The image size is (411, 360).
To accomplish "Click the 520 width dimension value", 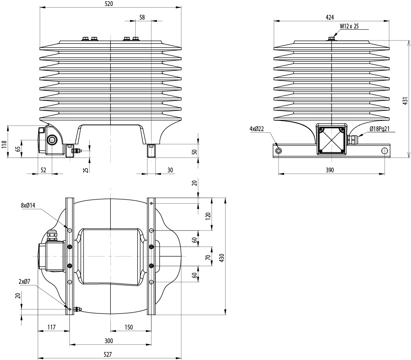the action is tap(111, 4).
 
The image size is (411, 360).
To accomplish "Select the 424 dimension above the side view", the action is tap(330, 17).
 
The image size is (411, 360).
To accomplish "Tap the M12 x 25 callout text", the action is tap(350, 26).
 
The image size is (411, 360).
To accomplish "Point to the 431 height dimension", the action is tap(405, 101).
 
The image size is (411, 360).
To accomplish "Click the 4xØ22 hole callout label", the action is tap(256, 129).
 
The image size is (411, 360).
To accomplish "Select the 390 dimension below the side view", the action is tap(330, 170).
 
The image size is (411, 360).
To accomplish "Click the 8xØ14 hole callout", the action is tap(28, 205).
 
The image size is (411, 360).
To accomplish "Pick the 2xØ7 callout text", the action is tap(24, 282).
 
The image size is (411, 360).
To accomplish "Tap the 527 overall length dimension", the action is tap(108, 354).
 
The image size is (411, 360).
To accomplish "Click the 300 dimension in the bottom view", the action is tap(109, 341).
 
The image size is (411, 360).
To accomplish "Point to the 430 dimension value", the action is tap(222, 258).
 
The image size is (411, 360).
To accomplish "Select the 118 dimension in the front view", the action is tap(4, 144).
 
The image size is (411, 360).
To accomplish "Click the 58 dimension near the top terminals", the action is tap(142, 17).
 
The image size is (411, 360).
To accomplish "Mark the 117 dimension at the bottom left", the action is tap(52, 327).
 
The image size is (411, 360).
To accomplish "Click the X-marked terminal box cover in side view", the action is tap(332, 140).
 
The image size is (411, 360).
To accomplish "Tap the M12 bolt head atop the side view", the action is tap(332, 39).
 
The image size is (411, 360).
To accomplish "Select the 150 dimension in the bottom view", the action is tap(129, 327).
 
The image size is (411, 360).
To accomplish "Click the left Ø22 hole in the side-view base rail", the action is tap(279, 151).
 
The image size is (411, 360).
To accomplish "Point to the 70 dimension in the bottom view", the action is tap(208, 257).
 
